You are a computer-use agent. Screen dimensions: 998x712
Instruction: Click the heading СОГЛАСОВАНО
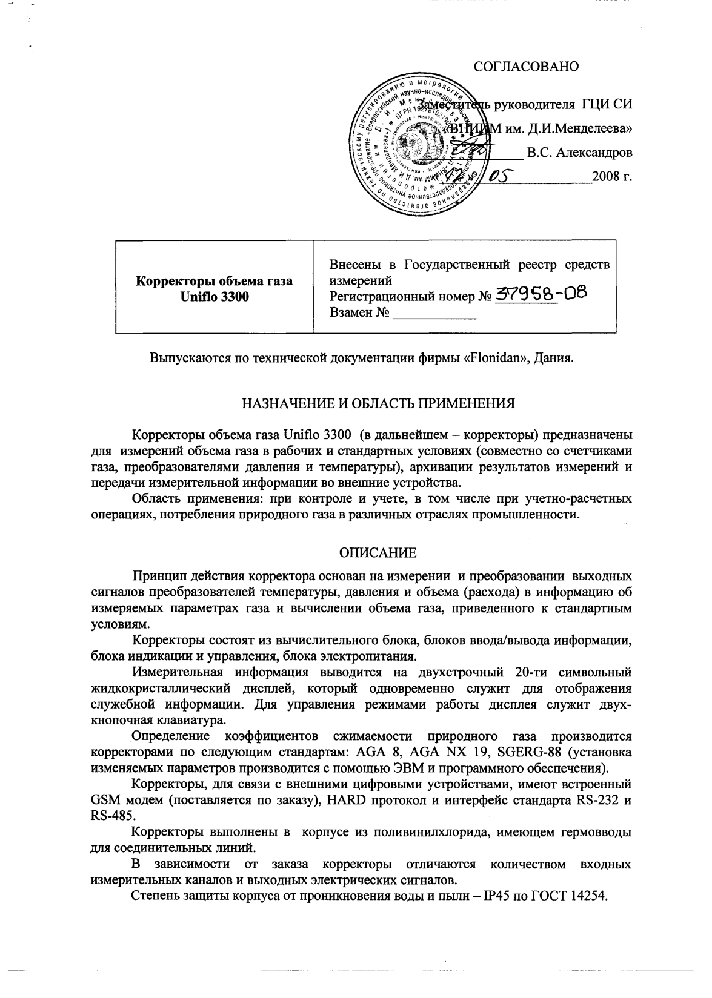tap(525, 67)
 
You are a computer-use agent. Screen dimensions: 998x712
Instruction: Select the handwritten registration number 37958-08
tap(541, 295)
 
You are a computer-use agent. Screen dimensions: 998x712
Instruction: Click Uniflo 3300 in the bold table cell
tap(214, 298)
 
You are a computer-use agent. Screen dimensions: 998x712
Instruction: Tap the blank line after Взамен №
tap(434, 314)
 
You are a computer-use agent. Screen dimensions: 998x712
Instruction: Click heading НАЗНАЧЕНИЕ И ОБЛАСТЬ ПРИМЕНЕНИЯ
tap(378, 403)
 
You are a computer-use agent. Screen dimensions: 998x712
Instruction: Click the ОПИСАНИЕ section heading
tap(377, 552)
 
